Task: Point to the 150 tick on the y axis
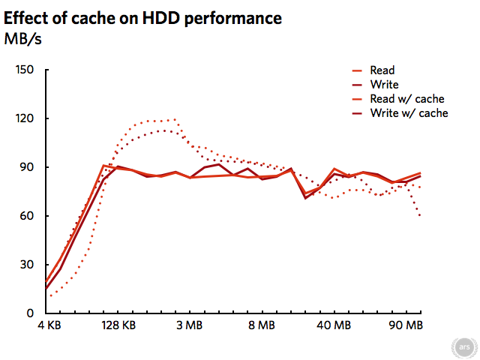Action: pyautogui.click(x=26, y=70)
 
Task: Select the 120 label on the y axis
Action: pyautogui.click(x=26, y=118)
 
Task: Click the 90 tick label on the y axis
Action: pyautogui.click(x=29, y=167)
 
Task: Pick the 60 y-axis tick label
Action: pyautogui.click(x=29, y=216)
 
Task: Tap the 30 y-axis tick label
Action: pyautogui.click(x=29, y=265)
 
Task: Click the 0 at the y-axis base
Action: pyautogui.click(x=32, y=313)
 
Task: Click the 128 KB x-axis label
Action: pyautogui.click(x=118, y=326)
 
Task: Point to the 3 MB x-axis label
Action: pyautogui.click(x=189, y=326)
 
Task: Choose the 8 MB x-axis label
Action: pyautogui.click(x=261, y=326)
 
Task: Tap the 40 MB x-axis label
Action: pyautogui.click(x=333, y=326)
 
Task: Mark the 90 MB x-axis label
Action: pyautogui.click(x=406, y=326)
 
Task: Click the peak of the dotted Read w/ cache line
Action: pyautogui.click(x=175, y=119)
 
